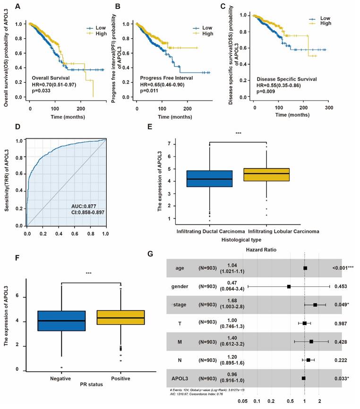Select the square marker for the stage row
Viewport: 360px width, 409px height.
[x=315, y=305]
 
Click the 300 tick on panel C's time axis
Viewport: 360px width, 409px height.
[x=329, y=108]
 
